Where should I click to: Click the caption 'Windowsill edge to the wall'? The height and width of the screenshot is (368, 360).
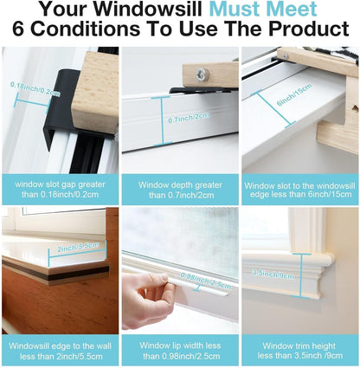click(x=59, y=349)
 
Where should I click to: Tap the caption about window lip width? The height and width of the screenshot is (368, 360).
click(x=179, y=349)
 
